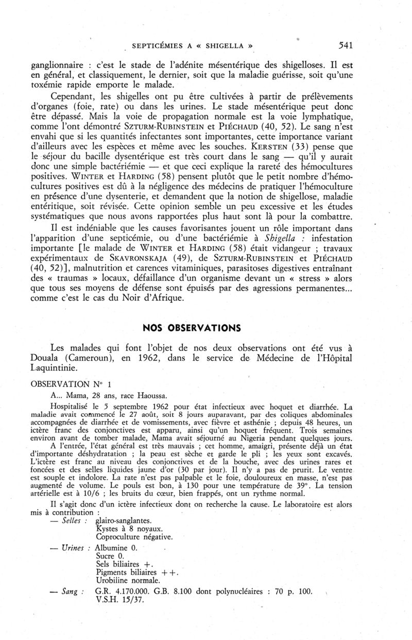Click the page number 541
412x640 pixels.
tap(342, 45)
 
